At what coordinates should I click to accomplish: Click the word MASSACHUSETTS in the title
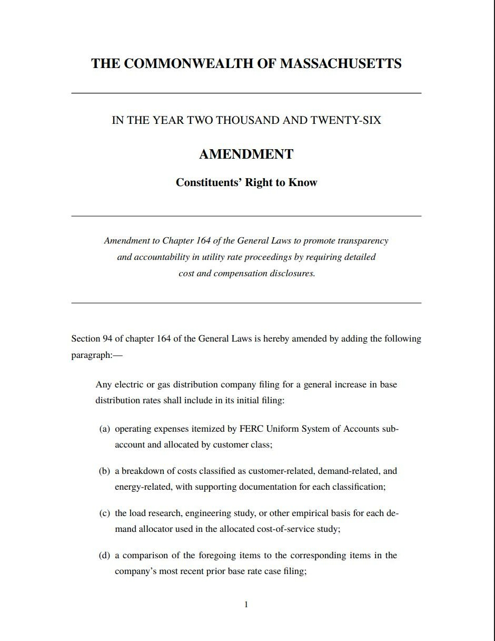[x=341, y=64]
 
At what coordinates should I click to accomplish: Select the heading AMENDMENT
[x=246, y=154]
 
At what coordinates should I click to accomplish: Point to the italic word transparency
[x=363, y=241]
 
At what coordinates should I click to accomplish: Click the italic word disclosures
[x=292, y=274]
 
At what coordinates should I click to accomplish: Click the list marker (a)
[x=104, y=429]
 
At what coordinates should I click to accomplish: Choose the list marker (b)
[x=104, y=471]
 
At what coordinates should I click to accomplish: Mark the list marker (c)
[x=104, y=513]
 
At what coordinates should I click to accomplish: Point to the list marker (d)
[x=104, y=556]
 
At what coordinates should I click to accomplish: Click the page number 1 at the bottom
[x=246, y=605]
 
